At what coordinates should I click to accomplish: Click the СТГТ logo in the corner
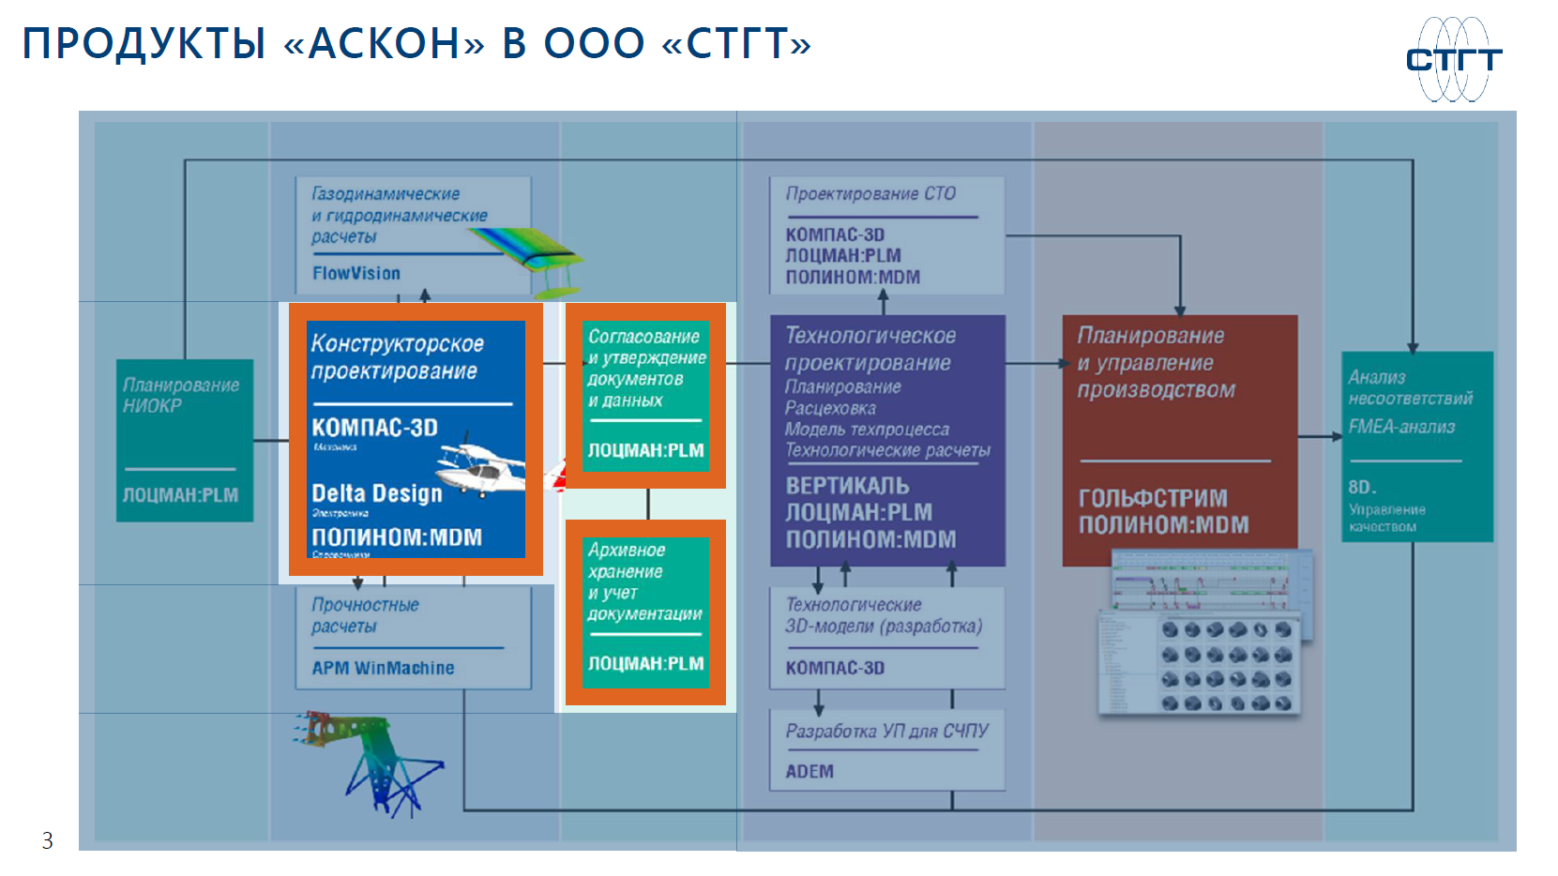pyautogui.click(x=1453, y=59)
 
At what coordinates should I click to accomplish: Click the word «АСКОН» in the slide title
pyautogui.click(x=384, y=43)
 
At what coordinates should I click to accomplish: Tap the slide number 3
pyautogui.click(x=48, y=840)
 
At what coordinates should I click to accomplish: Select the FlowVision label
pyautogui.click(x=356, y=273)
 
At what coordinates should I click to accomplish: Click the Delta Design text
pyautogui.click(x=376, y=493)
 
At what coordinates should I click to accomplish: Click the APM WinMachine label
pyautogui.click(x=383, y=668)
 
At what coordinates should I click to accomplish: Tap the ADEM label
pyautogui.click(x=809, y=771)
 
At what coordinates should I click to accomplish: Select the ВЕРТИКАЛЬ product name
pyautogui.click(x=847, y=486)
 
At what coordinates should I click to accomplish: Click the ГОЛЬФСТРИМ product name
pyautogui.click(x=1153, y=498)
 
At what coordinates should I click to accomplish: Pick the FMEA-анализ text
pyautogui.click(x=1401, y=427)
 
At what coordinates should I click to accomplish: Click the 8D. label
pyautogui.click(x=1362, y=488)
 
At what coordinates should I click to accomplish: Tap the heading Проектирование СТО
pyautogui.click(x=870, y=194)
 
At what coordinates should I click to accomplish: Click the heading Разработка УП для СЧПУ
pyautogui.click(x=886, y=731)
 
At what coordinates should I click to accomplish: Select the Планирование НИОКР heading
pyautogui.click(x=181, y=395)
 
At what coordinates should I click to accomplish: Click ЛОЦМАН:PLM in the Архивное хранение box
pyautogui.click(x=645, y=664)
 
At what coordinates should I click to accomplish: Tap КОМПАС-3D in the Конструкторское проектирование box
pyautogui.click(x=374, y=428)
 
